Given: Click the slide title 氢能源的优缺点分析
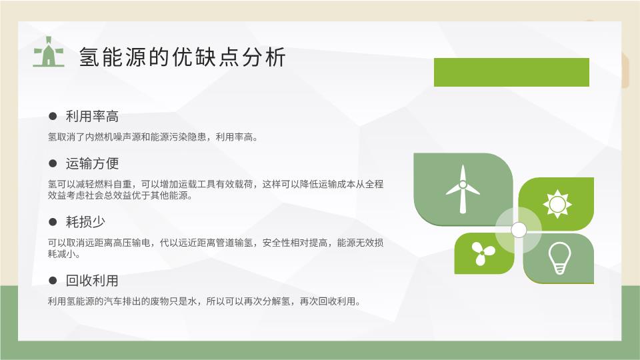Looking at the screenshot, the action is pos(182,57).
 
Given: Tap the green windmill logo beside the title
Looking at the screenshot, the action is pos(49,52).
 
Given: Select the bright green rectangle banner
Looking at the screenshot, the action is pos(511,72).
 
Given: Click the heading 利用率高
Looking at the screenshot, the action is pos(92,116).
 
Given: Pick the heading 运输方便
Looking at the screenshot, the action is pos(92,163).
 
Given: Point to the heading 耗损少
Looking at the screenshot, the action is pos(85,222).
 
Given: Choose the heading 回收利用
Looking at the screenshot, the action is pos(92,281).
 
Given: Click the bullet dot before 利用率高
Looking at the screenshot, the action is pos(53,116).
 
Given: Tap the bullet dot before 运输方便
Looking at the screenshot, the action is pos(53,163).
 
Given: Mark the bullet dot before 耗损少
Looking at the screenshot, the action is pos(53,222).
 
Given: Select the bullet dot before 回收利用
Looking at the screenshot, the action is pos(53,281).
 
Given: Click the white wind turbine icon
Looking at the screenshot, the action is pos(463,189).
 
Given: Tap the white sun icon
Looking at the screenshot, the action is pos(557,204).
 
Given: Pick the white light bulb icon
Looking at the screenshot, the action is pos(559,258).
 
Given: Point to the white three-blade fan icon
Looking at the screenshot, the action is pos(483,253).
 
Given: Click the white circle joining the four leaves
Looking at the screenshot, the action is pos(519,230).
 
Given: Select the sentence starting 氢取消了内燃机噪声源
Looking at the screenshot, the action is pos(153,137).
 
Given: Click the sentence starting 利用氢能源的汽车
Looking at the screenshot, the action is pos(205,301).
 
